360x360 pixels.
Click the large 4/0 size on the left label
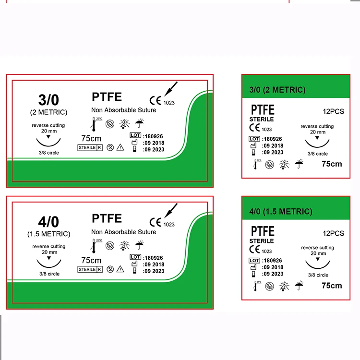tap(48, 222)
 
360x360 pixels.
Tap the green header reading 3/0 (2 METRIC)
tap(277, 90)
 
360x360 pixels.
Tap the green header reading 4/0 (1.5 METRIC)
tap(281, 211)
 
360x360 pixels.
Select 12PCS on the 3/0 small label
tap(333, 111)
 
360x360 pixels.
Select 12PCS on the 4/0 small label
tap(333, 233)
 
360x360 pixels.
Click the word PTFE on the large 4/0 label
tap(107, 219)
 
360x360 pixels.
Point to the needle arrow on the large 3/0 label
tap(171, 90)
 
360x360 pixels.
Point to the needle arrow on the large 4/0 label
tap(171, 211)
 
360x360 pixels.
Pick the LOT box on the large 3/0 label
tap(135, 136)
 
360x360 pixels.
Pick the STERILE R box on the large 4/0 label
tap(90, 269)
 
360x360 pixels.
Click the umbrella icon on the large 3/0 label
tap(139, 123)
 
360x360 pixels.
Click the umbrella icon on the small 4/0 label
tap(299, 286)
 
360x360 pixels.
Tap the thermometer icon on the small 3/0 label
tap(255, 165)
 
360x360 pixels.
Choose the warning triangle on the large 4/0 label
tap(120, 269)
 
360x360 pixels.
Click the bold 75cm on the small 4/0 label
tap(332, 286)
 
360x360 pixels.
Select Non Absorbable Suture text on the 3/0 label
tap(123, 110)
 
